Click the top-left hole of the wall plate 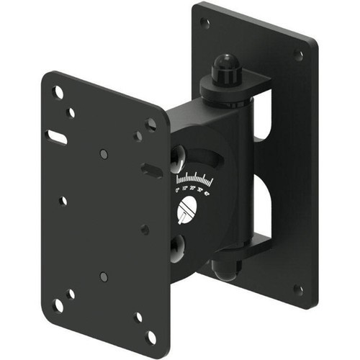pyautogui.click(x=205, y=22)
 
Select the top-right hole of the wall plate pyautogui.click(x=299, y=55)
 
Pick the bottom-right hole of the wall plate pyautogui.click(x=298, y=289)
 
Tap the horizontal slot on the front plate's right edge pyautogui.click(x=150, y=170)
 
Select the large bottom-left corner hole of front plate pyautogui.click(x=58, y=305)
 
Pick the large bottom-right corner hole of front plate pyautogui.click(x=150, y=337)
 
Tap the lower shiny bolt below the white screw pyautogui.click(x=177, y=248)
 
